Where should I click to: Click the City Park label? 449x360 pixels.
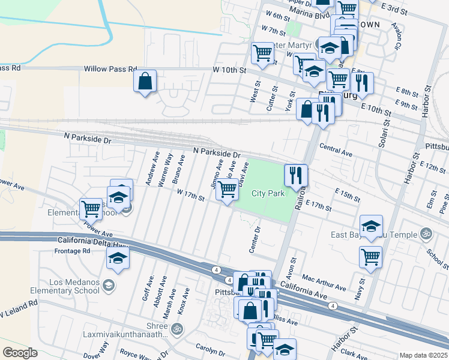click(x=267, y=193)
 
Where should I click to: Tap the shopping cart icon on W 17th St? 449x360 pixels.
click(x=227, y=190)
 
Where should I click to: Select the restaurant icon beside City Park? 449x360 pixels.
click(x=295, y=175)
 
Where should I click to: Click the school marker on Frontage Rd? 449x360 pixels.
click(x=118, y=259)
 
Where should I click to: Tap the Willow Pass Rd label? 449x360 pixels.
click(x=110, y=70)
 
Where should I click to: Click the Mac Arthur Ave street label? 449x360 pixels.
click(x=325, y=283)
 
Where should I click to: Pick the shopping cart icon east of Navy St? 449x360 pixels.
click(x=370, y=257)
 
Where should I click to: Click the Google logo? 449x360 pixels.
click(x=20, y=353)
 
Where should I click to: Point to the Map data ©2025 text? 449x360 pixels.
click(x=423, y=355)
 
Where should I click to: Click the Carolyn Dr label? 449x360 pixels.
click(x=210, y=347)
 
